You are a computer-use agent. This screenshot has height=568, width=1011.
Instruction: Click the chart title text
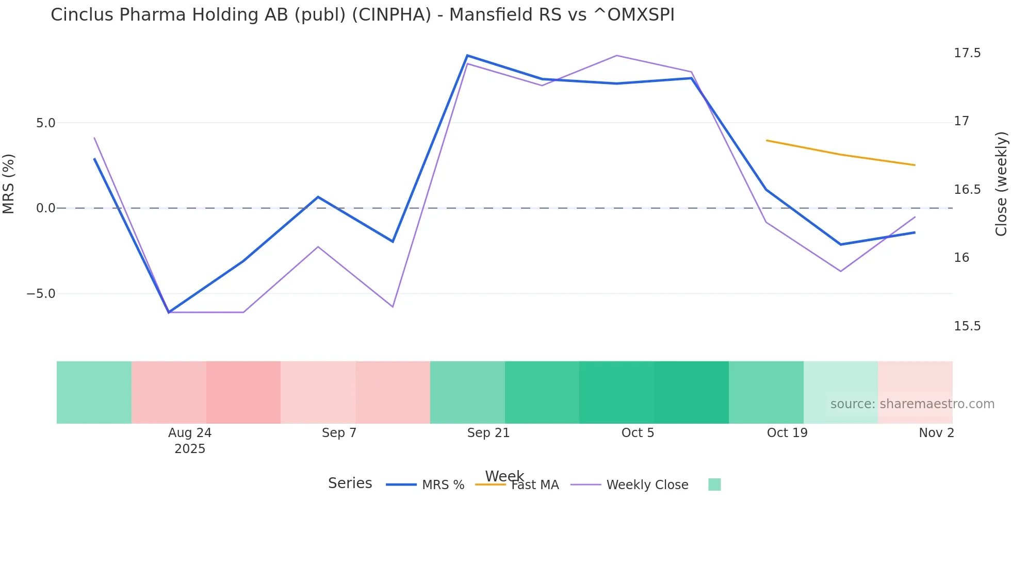(362, 15)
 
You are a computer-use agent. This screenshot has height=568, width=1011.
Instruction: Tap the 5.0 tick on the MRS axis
(45, 123)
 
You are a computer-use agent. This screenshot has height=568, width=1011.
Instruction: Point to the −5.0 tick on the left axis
(41, 294)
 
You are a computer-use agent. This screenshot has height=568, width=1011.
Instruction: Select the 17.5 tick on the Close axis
(967, 53)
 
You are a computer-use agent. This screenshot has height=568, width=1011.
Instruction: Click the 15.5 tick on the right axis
(967, 326)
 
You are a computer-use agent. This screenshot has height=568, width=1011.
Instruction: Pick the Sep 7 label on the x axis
(339, 433)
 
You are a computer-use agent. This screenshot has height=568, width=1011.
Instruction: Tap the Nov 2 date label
(936, 433)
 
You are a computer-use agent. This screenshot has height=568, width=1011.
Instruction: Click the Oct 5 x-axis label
(638, 433)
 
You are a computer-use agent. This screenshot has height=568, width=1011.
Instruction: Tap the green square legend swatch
(714, 485)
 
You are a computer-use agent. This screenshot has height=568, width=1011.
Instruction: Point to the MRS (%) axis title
(9, 183)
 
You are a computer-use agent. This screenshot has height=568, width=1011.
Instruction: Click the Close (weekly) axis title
(1001, 183)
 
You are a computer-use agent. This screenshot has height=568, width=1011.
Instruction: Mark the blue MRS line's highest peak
(467, 56)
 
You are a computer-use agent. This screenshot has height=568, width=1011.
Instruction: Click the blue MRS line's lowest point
(169, 312)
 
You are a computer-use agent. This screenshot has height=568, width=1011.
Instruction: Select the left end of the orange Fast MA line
(767, 140)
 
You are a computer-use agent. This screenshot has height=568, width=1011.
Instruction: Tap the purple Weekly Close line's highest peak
(616, 56)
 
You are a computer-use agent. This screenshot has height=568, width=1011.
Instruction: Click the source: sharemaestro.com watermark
(912, 404)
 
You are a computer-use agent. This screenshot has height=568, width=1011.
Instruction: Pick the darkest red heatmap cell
(243, 392)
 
